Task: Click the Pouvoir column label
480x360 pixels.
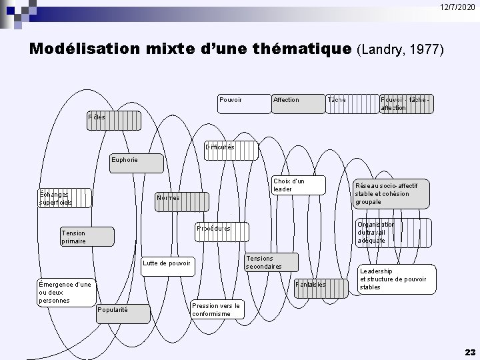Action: click(231, 100)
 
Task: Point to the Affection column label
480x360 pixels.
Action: click(286, 100)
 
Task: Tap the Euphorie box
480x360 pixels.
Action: click(136, 163)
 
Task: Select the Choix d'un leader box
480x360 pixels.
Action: click(298, 185)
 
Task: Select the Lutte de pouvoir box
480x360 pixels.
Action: click(167, 264)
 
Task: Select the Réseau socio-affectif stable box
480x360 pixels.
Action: click(391, 193)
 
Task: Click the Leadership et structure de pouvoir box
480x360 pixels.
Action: click(393, 279)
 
